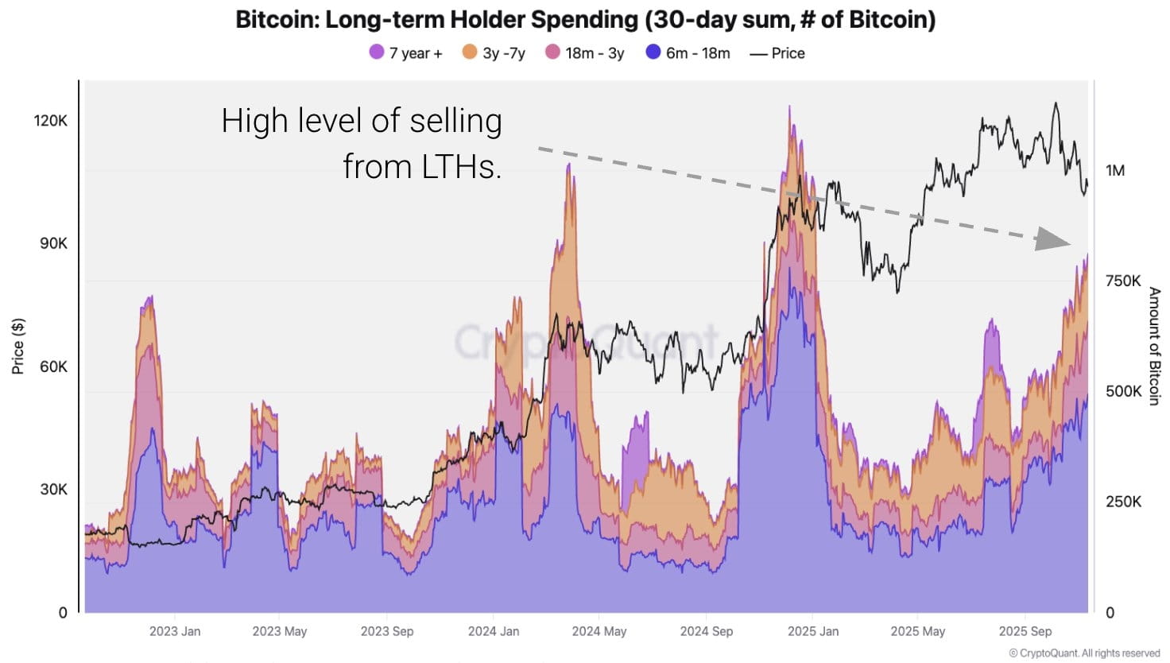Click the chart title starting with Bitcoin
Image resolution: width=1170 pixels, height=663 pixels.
point(585,19)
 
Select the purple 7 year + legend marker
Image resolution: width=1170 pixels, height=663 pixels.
point(377,52)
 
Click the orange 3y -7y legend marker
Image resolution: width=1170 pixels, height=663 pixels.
point(470,52)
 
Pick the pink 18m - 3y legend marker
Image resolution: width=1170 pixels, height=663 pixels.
point(553,52)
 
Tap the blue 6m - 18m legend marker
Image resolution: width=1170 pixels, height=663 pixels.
point(653,52)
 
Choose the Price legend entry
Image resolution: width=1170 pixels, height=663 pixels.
point(777,53)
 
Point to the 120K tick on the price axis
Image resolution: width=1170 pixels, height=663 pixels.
point(51,120)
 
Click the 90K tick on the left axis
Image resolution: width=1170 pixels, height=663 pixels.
point(53,243)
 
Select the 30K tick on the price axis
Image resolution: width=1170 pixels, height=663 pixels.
point(53,489)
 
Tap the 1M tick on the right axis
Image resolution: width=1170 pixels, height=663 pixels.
point(1115,170)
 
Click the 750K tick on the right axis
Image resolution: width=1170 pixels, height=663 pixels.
point(1123,281)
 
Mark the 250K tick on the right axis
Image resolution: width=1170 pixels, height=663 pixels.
point(1123,502)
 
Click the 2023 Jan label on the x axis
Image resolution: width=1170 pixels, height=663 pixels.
point(175,631)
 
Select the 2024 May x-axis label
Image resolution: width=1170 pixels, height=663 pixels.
point(599,631)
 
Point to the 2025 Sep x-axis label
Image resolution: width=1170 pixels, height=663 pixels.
point(1025,631)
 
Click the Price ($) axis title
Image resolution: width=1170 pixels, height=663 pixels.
point(18,346)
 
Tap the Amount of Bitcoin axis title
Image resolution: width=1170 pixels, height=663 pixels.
point(1154,346)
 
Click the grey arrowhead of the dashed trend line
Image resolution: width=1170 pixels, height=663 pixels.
point(1053,238)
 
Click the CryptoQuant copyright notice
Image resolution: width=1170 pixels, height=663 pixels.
point(1084,653)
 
